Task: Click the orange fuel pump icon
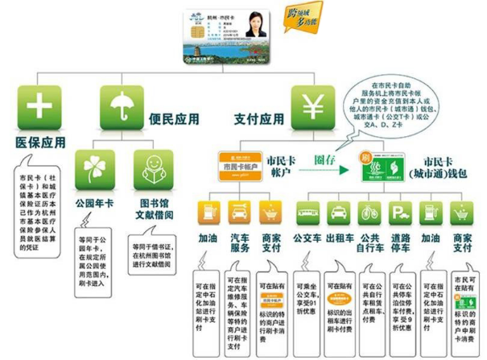tap(208, 213)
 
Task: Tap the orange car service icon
tap(239, 213)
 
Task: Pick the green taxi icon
tap(339, 213)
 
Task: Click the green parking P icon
tap(400, 213)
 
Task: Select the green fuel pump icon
tap(431, 213)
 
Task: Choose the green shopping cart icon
tap(462, 213)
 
